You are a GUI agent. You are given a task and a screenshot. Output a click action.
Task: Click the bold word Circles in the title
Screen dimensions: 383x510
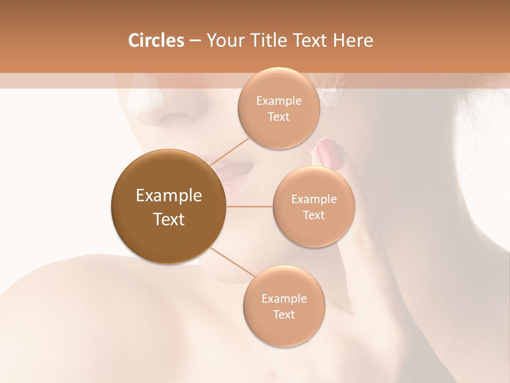pyautogui.click(x=156, y=40)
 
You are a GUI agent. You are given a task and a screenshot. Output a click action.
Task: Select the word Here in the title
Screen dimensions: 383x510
pyautogui.click(x=353, y=40)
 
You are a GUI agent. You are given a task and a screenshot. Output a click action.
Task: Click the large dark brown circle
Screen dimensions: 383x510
pyautogui.click(x=168, y=206)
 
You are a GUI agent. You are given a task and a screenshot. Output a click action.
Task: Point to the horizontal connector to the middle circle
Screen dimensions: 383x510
pyautogui.click(x=250, y=206)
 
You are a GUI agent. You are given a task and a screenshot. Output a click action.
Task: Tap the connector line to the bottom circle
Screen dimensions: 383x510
pyautogui.click(x=233, y=262)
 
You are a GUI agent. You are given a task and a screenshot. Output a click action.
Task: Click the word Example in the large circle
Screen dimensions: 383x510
pyautogui.click(x=168, y=196)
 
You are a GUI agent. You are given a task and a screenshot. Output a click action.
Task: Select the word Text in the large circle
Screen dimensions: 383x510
pyautogui.click(x=168, y=219)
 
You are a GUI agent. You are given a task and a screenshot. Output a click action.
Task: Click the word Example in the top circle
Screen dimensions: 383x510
pyautogui.click(x=278, y=101)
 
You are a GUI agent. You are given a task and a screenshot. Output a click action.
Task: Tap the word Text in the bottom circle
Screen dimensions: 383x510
pyautogui.click(x=284, y=314)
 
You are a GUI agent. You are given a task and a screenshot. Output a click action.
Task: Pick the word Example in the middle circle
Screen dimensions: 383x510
pyautogui.click(x=313, y=199)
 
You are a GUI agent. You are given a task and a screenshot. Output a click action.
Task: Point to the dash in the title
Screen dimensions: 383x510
pyautogui.click(x=195, y=41)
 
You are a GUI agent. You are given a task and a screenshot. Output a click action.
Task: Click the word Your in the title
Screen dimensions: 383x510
pyautogui.click(x=223, y=40)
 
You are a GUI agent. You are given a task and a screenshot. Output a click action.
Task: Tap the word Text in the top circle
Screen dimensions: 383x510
pyautogui.click(x=278, y=117)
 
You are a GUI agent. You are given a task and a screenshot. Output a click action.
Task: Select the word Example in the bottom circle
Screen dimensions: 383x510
pyautogui.click(x=284, y=298)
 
